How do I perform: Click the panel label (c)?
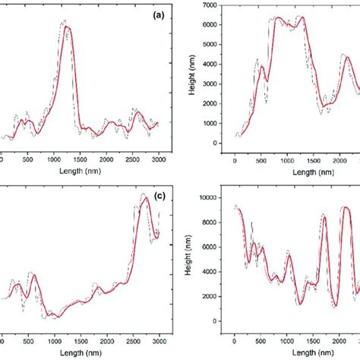159,196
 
